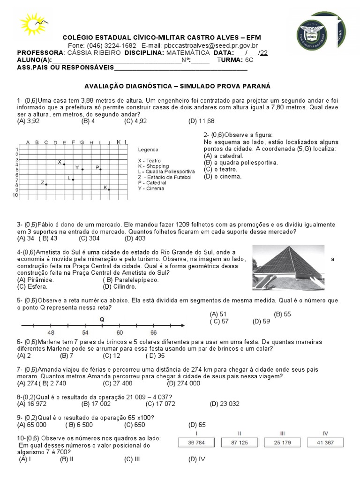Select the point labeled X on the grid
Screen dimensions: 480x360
coord(64,164)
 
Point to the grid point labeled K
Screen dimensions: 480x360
coord(109,189)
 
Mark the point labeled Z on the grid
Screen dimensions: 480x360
coord(46,184)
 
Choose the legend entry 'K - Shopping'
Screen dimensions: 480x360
coord(153,166)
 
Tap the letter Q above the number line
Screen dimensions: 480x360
coord(102,319)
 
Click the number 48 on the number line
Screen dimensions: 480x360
coord(51,332)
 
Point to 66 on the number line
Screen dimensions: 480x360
coord(153,332)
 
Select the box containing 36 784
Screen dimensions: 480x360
coord(197,442)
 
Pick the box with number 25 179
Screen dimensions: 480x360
coord(282,442)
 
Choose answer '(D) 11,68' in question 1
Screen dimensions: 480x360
coord(201,121)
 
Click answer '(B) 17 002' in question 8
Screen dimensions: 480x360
coord(96,403)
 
